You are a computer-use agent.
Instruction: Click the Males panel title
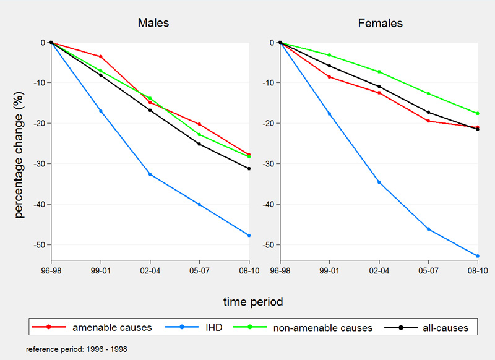tap(153, 24)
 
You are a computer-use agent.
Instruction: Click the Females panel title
tap(381, 24)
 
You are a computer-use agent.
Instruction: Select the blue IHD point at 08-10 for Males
tap(249, 235)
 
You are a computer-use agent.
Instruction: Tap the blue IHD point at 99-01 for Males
tap(101, 111)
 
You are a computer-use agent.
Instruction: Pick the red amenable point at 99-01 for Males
tap(101, 57)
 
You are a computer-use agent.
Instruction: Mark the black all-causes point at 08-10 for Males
tap(249, 168)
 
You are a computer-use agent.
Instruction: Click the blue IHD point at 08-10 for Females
tap(478, 256)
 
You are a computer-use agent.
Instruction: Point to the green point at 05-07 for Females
tap(428, 93)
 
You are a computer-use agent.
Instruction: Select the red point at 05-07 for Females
tap(428, 121)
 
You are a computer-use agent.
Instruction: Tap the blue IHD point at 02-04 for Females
tap(379, 182)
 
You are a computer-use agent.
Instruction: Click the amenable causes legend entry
tap(112, 327)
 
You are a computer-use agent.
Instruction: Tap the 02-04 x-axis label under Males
tap(150, 271)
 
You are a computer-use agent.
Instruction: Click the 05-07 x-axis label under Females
tap(428, 271)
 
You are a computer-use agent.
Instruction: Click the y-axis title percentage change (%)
tap(20, 150)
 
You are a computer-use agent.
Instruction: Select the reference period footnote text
tap(77, 349)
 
